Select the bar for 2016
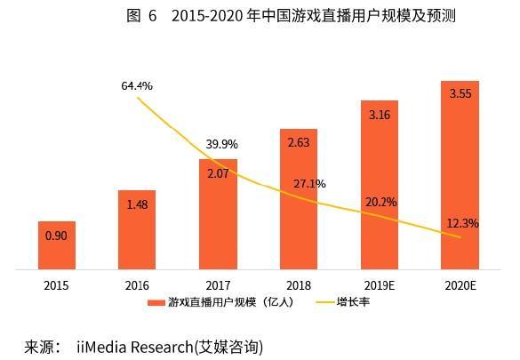point(137,229)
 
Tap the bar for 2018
point(298,198)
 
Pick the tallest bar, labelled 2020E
point(460,174)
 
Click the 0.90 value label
point(56,236)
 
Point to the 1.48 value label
point(137,205)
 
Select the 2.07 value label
point(217,174)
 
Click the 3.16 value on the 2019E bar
point(380,114)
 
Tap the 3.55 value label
point(460,94)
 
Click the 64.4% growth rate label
point(137,86)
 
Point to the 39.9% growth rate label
point(221,144)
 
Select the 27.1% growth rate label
point(309,184)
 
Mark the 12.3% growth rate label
point(462,223)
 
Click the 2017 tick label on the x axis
point(217,285)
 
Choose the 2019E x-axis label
point(380,285)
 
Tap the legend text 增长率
point(353,302)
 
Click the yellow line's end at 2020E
point(460,237)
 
